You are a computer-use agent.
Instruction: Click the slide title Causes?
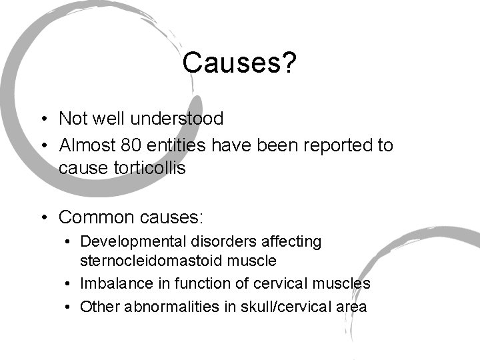click(x=239, y=63)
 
